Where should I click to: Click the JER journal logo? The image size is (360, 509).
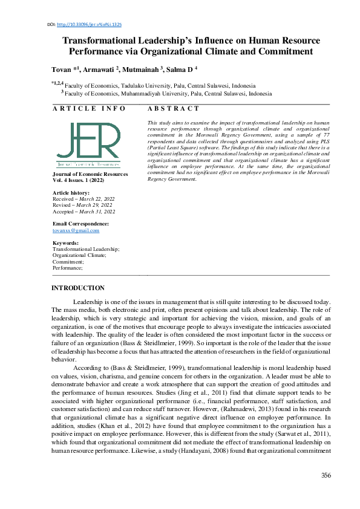(x=88, y=145)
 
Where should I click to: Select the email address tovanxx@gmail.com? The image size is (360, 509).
(x=76, y=230)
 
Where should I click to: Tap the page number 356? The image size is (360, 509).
(x=326, y=475)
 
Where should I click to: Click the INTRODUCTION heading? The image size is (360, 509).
(x=78, y=288)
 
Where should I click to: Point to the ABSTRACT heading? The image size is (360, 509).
(x=173, y=108)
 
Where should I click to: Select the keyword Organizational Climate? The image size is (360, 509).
(x=79, y=255)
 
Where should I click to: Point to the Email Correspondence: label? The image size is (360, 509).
(x=81, y=224)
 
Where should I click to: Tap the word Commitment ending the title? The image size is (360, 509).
(x=282, y=51)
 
